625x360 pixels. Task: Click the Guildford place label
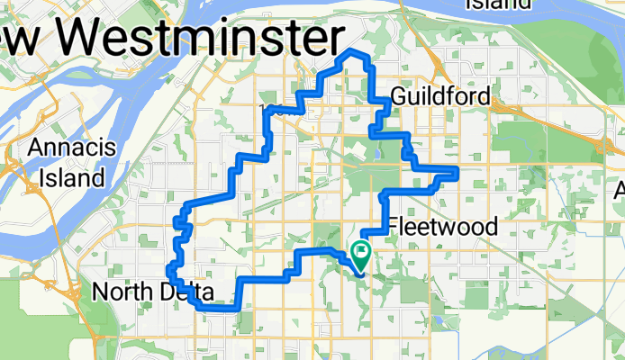point(441,96)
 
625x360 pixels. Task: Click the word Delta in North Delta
point(189,292)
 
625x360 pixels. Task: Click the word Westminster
point(206,37)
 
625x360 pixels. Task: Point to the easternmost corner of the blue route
point(457,170)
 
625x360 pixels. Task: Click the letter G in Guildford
point(399,96)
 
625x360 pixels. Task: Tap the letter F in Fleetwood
point(393,226)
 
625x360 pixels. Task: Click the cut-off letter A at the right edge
point(620,191)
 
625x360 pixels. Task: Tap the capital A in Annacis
point(35,148)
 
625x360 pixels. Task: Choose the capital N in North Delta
point(101,292)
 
